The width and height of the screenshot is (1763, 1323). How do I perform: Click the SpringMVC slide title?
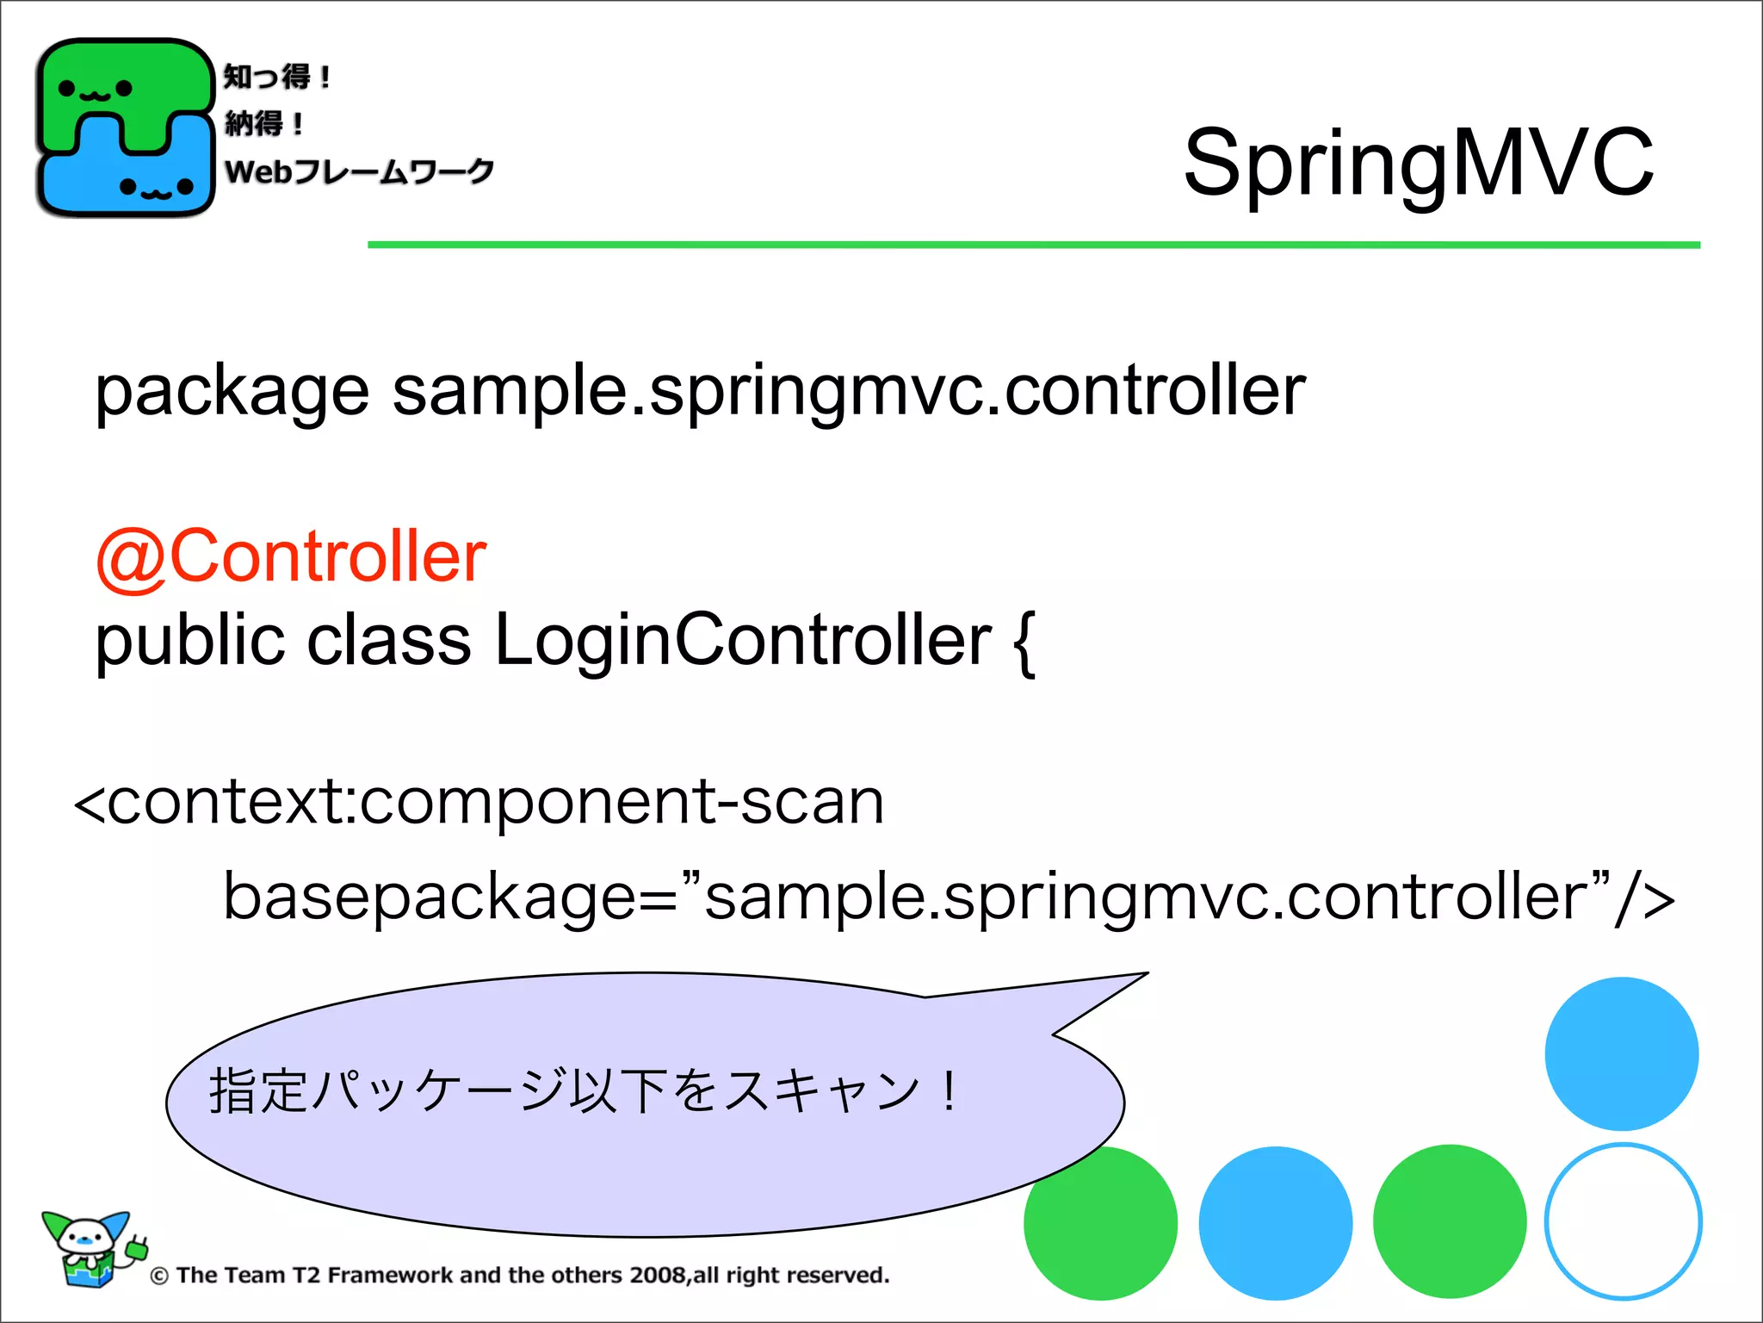click(x=1418, y=163)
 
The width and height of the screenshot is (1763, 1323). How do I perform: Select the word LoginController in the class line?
click(x=743, y=641)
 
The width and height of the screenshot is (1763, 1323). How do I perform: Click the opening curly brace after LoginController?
click(x=1024, y=644)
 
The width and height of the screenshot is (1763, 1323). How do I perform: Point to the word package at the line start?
click(x=232, y=393)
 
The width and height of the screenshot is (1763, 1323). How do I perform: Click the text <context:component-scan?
click(x=479, y=801)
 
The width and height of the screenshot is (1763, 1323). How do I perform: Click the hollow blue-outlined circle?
click(x=1623, y=1221)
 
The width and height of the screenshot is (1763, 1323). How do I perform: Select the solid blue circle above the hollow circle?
click(x=1621, y=1053)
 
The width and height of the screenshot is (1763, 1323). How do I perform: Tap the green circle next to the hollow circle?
click(x=1449, y=1221)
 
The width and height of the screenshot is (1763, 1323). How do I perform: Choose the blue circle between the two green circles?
click(x=1275, y=1223)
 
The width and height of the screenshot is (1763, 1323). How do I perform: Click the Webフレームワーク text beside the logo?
click(x=359, y=171)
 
